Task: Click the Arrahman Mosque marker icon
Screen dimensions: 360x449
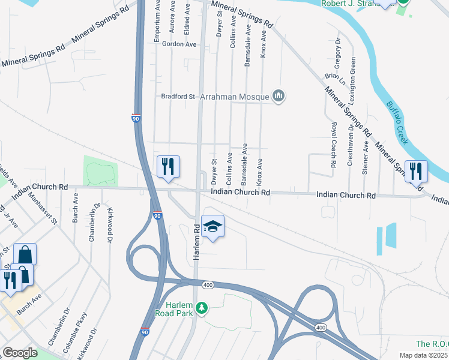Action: pyautogui.click(x=279, y=96)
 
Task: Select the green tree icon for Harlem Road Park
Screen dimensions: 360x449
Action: pyautogui.click(x=202, y=308)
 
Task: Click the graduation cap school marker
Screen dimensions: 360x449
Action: pyautogui.click(x=212, y=226)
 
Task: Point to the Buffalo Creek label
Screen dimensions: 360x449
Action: pyautogui.click(x=397, y=123)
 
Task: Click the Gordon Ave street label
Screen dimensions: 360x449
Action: pyautogui.click(x=179, y=44)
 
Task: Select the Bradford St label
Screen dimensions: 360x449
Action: pyautogui.click(x=178, y=96)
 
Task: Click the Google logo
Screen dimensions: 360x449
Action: pyautogui.click(x=20, y=353)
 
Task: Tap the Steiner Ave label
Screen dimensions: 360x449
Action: pyautogui.click(x=365, y=158)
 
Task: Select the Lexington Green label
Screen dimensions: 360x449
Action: pyautogui.click(x=353, y=76)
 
